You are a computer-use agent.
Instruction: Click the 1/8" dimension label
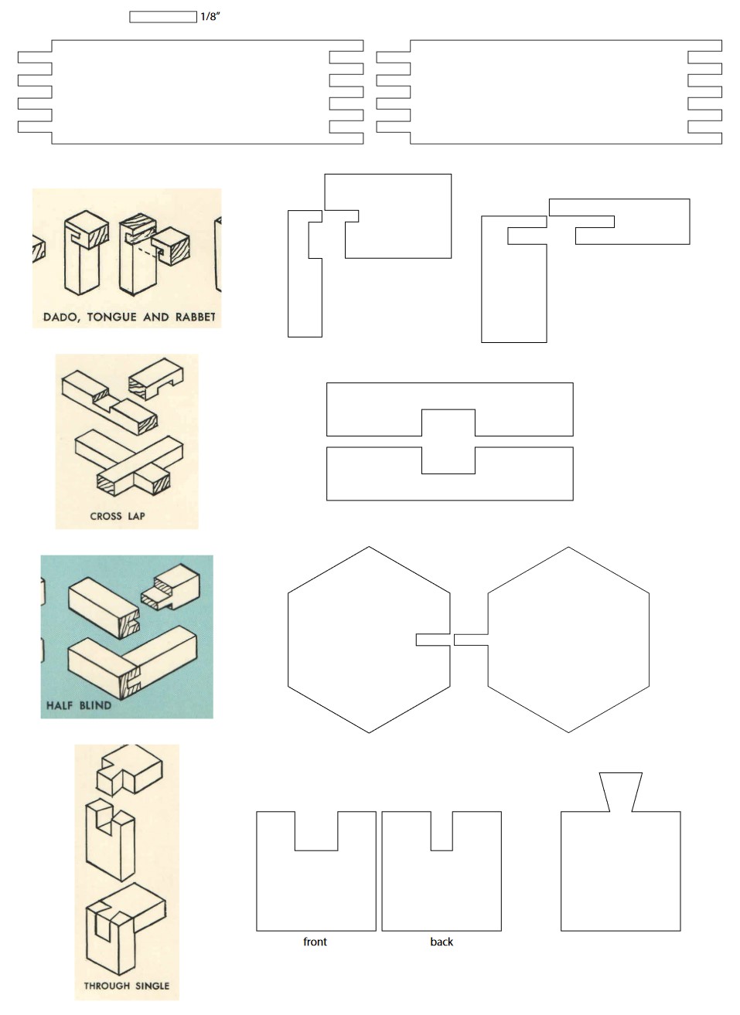click(x=210, y=17)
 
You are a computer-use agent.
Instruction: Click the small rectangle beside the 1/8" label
click(x=163, y=17)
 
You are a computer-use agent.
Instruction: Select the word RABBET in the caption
click(x=195, y=317)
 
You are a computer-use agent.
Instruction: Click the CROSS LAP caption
click(x=118, y=516)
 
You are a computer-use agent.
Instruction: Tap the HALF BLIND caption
click(x=79, y=705)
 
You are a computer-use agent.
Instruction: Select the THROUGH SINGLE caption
click(x=127, y=986)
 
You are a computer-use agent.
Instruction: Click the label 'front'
click(x=315, y=942)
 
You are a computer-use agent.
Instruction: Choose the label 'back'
click(x=442, y=942)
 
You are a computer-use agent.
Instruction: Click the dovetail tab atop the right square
click(x=621, y=792)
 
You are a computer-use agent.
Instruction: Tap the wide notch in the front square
click(x=316, y=831)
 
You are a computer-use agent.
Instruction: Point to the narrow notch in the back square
click(x=442, y=831)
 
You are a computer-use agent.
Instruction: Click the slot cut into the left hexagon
click(x=433, y=640)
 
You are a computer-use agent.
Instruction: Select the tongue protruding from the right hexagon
click(x=471, y=640)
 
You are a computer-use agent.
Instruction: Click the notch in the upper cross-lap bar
click(x=448, y=423)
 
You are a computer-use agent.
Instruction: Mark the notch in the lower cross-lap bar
click(x=448, y=460)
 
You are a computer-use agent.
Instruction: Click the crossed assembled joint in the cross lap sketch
click(x=129, y=463)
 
